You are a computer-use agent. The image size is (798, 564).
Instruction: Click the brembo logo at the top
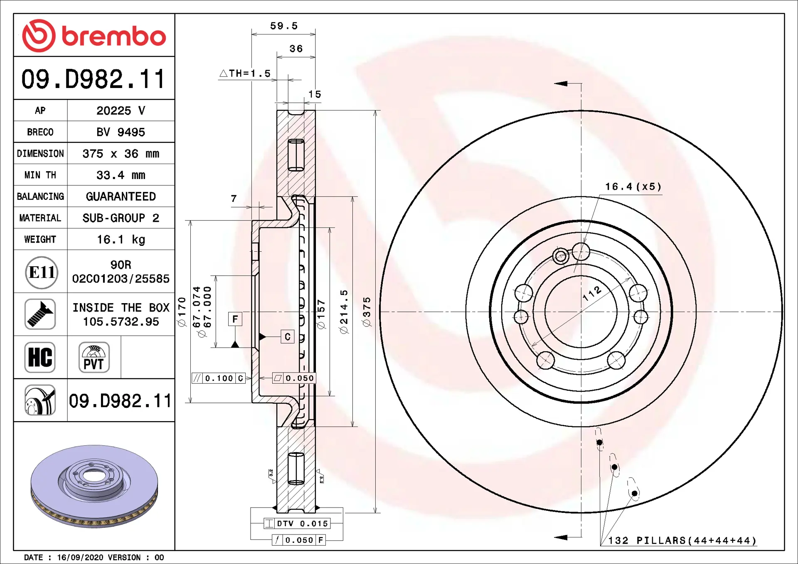click(94, 36)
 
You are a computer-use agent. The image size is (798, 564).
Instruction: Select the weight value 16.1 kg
click(121, 240)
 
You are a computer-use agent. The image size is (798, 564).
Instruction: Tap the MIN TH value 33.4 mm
click(121, 175)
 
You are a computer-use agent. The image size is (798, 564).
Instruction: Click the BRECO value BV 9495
click(121, 132)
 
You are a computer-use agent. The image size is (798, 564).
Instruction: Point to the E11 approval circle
click(42, 272)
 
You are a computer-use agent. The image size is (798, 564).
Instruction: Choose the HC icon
click(40, 357)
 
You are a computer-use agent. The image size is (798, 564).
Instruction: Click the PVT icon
click(94, 357)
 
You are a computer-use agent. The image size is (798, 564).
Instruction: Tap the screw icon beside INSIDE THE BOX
click(40, 314)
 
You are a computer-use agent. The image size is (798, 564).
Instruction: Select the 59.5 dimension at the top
click(284, 26)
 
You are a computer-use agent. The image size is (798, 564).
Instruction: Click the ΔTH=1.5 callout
click(245, 74)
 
